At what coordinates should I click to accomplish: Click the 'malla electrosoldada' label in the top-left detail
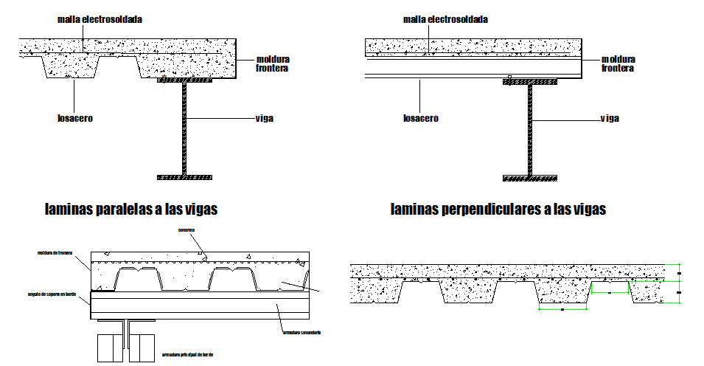(100, 19)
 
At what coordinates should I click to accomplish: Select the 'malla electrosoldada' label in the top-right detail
(445, 19)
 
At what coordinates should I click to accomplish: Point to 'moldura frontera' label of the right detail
(617, 63)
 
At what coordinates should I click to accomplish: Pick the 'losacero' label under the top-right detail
(420, 118)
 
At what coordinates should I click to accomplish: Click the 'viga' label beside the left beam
(264, 118)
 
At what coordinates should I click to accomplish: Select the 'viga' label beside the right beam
(609, 118)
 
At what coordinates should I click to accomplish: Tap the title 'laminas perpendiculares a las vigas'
(498, 210)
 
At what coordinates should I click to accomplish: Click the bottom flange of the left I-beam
(184, 177)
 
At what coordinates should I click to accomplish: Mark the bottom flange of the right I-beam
(530, 177)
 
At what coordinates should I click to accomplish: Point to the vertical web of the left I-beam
(184, 129)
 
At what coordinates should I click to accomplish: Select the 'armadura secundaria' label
(300, 333)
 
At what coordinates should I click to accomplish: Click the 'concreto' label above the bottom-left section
(187, 230)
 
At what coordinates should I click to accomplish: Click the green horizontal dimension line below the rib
(562, 310)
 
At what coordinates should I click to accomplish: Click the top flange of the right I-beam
(530, 82)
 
